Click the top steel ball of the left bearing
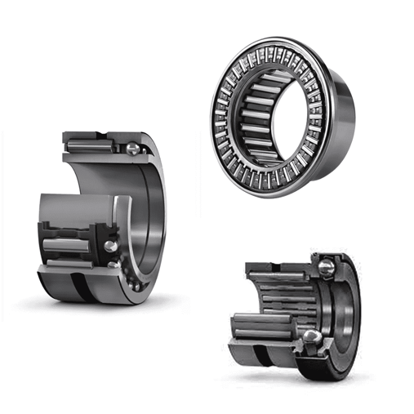[132, 148]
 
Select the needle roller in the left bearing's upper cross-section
[91, 147]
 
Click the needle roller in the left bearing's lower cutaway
[69, 245]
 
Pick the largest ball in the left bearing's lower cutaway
[109, 246]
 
